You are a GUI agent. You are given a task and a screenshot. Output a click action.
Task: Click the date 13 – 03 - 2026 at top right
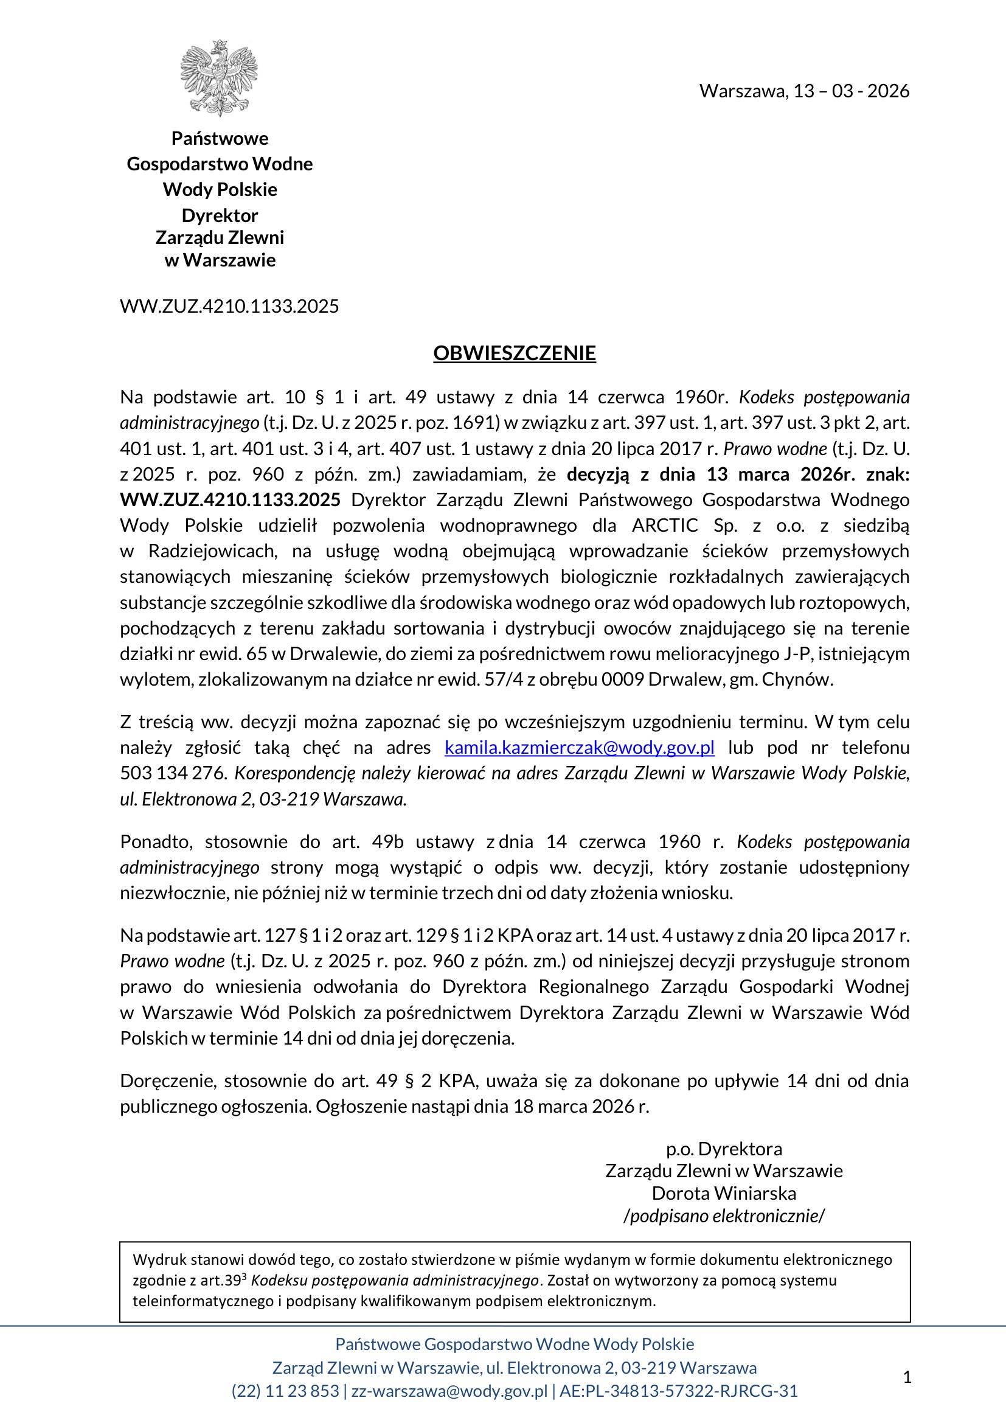click(x=851, y=91)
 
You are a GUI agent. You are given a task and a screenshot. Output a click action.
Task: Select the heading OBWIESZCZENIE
click(x=514, y=353)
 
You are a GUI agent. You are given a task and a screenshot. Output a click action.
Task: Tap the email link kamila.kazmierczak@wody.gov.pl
click(x=579, y=748)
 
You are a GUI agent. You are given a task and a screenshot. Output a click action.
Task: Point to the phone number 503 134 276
click(x=173, y=773)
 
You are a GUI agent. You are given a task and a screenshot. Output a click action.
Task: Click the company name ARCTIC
click(x=664, y=526)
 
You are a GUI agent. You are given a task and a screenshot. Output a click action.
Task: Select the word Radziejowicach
click(x=212, y=551)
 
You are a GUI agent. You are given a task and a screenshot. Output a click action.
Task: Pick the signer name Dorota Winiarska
click(x=724, y=1193)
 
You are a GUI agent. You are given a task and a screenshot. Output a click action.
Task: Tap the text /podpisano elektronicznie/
click(x=724, y=1216)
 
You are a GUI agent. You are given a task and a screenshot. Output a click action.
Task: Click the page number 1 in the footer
click(x=907, y=1377)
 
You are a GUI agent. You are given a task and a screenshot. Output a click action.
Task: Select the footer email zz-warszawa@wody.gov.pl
click(x=449, y=1391)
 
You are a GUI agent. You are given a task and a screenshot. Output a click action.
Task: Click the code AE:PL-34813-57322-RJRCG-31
click(x=678, y=1391)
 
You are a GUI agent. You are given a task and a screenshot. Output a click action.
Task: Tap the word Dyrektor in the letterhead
click(x=220, y=216)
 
